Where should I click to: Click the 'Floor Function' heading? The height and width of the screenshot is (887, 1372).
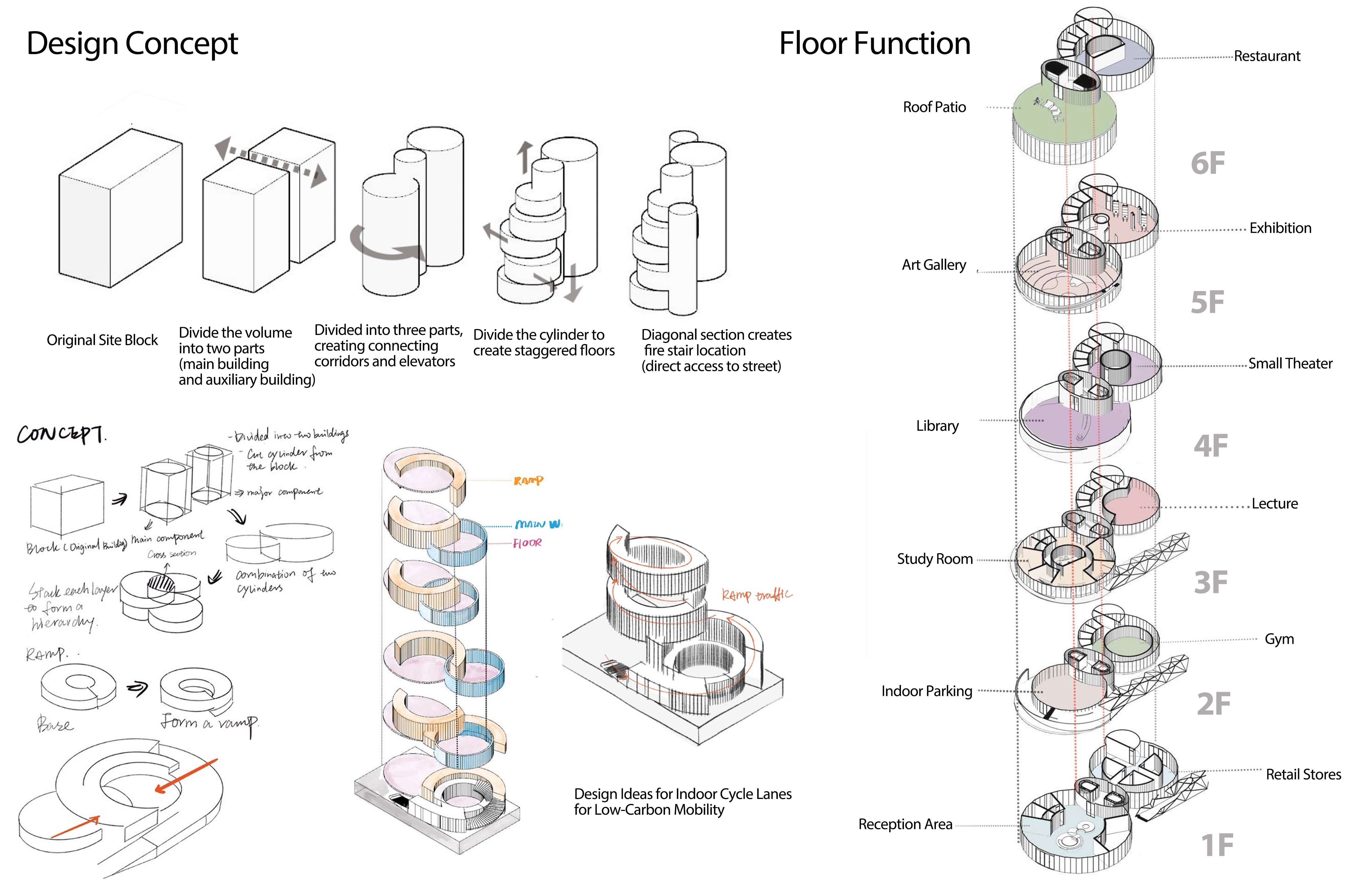click(875, 44)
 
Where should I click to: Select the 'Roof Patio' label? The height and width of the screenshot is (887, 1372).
click(934, 107)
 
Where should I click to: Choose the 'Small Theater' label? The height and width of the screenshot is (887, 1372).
click(1290, 363)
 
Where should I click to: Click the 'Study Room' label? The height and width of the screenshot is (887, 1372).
click(935, 559)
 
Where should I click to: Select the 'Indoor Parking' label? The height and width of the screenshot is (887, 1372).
click(927, 691)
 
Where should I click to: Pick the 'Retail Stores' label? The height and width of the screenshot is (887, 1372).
click(1303, 775)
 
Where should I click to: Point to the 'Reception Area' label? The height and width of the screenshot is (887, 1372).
click(905, 824)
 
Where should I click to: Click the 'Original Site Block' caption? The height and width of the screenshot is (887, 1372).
click(102, 340)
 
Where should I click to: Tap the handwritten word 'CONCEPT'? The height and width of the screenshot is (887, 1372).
click(61, 434)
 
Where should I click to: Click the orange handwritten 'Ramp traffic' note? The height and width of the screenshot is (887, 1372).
click(756, 595)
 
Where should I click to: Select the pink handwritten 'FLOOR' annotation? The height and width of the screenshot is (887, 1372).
click(527, 543)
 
